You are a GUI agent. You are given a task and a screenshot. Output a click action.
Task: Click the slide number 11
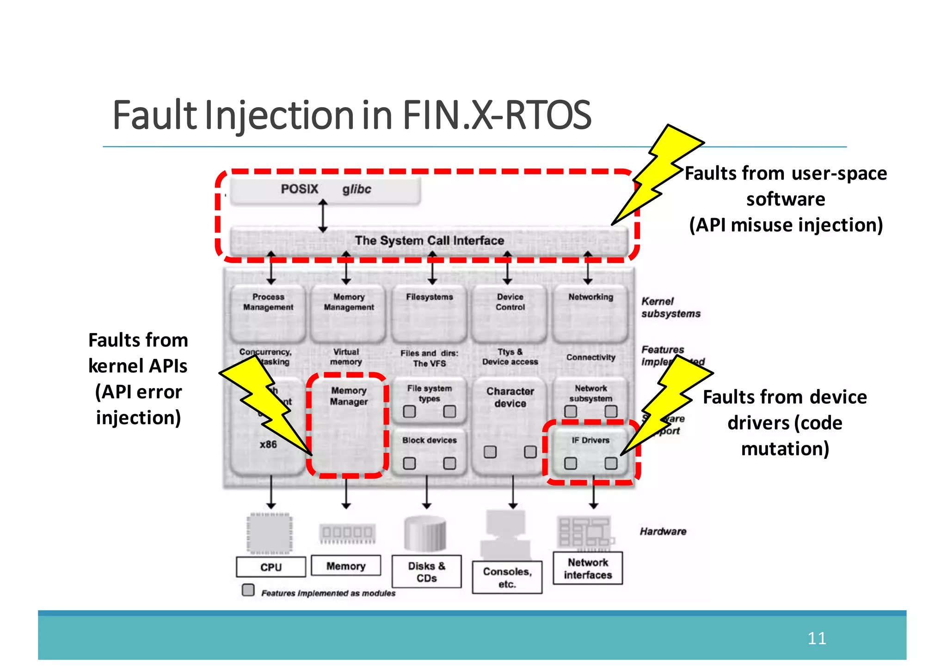pyautogui.click(x=817, y=638)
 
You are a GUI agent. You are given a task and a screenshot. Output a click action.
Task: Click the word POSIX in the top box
pyautogui.click(x=299, y=189)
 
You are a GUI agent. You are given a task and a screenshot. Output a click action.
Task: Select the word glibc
pyautogui.click(x=357, y=189)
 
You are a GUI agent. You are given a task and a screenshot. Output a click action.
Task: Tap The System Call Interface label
pyautogui.click(x=429, y=240)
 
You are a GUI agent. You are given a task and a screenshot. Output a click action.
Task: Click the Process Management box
pyautogui.click(x=268, y=313)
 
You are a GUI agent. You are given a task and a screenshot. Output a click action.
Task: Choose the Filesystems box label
pyautogui.click(x=429, y=297)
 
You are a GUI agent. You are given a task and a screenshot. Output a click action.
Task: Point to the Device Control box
pyautogui.click(x=510, y=313)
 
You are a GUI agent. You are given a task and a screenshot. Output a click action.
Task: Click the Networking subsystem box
pyautogui.click(x=590, y=313)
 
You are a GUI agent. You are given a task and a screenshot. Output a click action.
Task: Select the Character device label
pyautogui.click(x=510, y=397)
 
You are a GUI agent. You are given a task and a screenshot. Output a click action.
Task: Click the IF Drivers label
pyautogui.click(x=590, y=440)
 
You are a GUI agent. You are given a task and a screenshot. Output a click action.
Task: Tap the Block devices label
pyautogui.click(x=429, y=440)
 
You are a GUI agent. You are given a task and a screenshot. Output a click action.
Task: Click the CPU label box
pyautogui.click(x=271, y=567)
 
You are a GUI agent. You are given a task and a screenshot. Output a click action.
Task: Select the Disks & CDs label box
pyautogui.click(x=426, y=572)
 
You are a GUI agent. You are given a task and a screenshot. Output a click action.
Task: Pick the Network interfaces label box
pyautogui.click(x=588, y=569)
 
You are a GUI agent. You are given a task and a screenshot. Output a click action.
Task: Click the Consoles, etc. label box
pyautogui.click(x=507, y=578)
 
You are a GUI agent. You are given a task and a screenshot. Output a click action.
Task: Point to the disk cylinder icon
pyautogui.click(x=425, y=534)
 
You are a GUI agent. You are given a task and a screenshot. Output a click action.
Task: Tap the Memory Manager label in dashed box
pyautogui.click(x=349, y=396)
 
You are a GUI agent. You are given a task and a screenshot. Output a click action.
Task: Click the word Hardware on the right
pyautogui.click(x=663, y=531)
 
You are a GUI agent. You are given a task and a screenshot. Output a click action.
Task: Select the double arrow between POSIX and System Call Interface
pyautogui.click(x=323, y=216)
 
